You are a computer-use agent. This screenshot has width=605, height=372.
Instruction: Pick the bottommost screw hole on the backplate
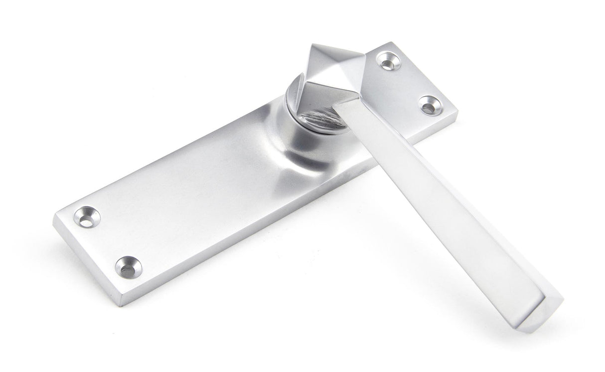click(128, 267)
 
